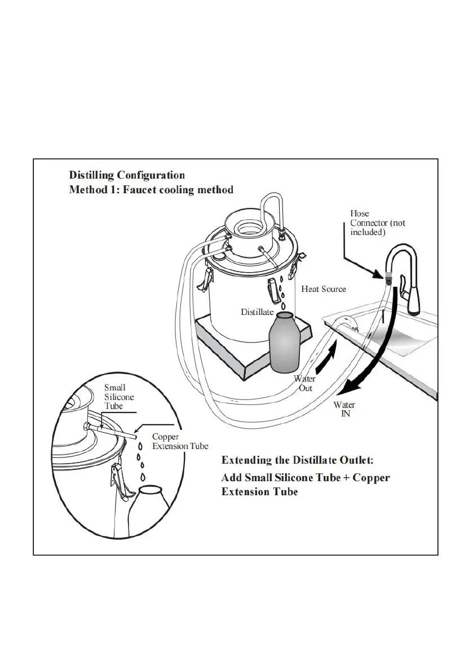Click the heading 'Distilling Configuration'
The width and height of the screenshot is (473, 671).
click(x=126, y=175)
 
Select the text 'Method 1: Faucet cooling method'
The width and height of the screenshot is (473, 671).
click(x=151, y=190)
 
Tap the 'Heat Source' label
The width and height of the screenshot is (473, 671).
click(x=323, y=289)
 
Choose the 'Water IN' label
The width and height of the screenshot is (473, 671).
click(x=344, y=410)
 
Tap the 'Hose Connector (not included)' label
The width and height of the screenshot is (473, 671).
click(x=377, y=223)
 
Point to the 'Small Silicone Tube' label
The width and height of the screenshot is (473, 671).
click(x=119, y=397)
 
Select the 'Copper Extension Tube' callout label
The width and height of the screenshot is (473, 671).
click(x=180, y=442)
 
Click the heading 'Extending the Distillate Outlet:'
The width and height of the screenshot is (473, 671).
click(x=297, y=460)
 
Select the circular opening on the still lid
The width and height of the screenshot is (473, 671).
click(x=246, y=228)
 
